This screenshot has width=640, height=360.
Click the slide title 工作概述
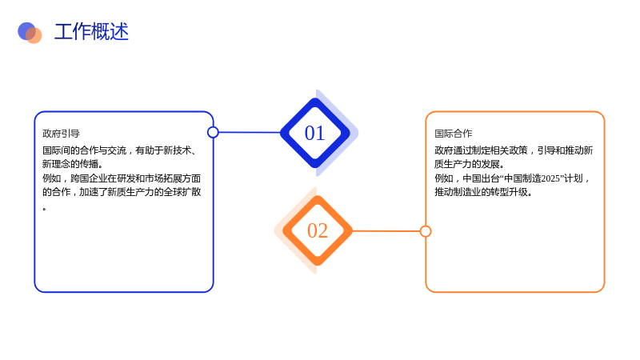91,32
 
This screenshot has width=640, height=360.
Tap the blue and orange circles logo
30,33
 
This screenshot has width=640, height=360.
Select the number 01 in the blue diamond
314,133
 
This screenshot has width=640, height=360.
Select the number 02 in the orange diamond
318,230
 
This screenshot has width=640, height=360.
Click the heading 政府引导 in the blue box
62,134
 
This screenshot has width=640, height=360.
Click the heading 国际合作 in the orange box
454,134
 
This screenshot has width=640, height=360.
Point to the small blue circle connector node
213,132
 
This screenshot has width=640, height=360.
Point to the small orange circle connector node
426,231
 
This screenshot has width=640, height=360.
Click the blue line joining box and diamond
250,132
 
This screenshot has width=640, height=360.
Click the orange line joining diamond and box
386,231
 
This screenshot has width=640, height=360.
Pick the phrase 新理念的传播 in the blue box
70,164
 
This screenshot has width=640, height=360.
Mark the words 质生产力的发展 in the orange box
467,164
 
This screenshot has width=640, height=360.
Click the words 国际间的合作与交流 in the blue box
85,150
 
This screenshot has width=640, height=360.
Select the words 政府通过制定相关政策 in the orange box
482,150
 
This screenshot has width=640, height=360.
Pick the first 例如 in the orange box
444,178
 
